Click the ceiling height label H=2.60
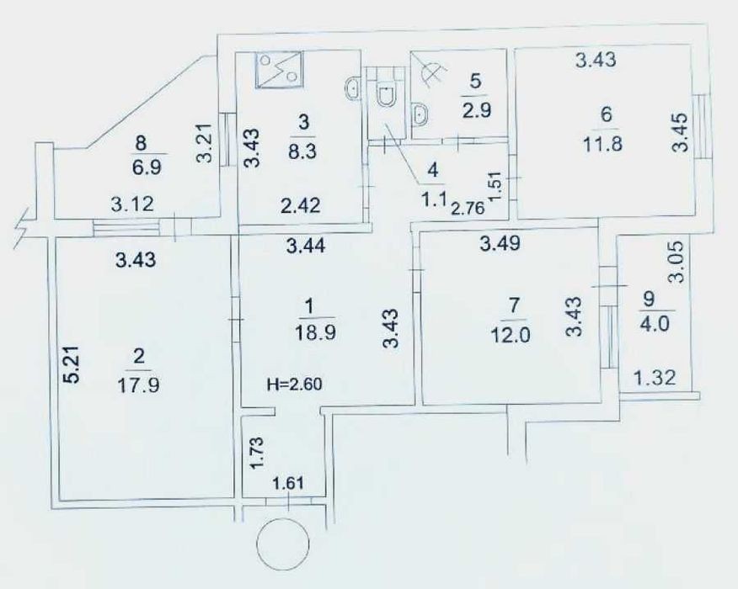[x=295, y=385]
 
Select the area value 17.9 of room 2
[x=138, y=385]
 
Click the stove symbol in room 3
[x=280, y=70]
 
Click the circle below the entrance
[x=283, y=544]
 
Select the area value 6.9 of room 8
[x=147, y=167]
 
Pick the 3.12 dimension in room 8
[x=132, y=204]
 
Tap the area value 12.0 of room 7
[x=511, y=336]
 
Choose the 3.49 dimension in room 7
[x=500, y=243]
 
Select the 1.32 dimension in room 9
[x=655, y=377]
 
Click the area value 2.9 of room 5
[x=475, y=110]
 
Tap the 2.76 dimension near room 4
[x=468, y=208]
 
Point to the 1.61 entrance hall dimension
[x=286, y=483]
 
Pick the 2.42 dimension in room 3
[x=300, y=205]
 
